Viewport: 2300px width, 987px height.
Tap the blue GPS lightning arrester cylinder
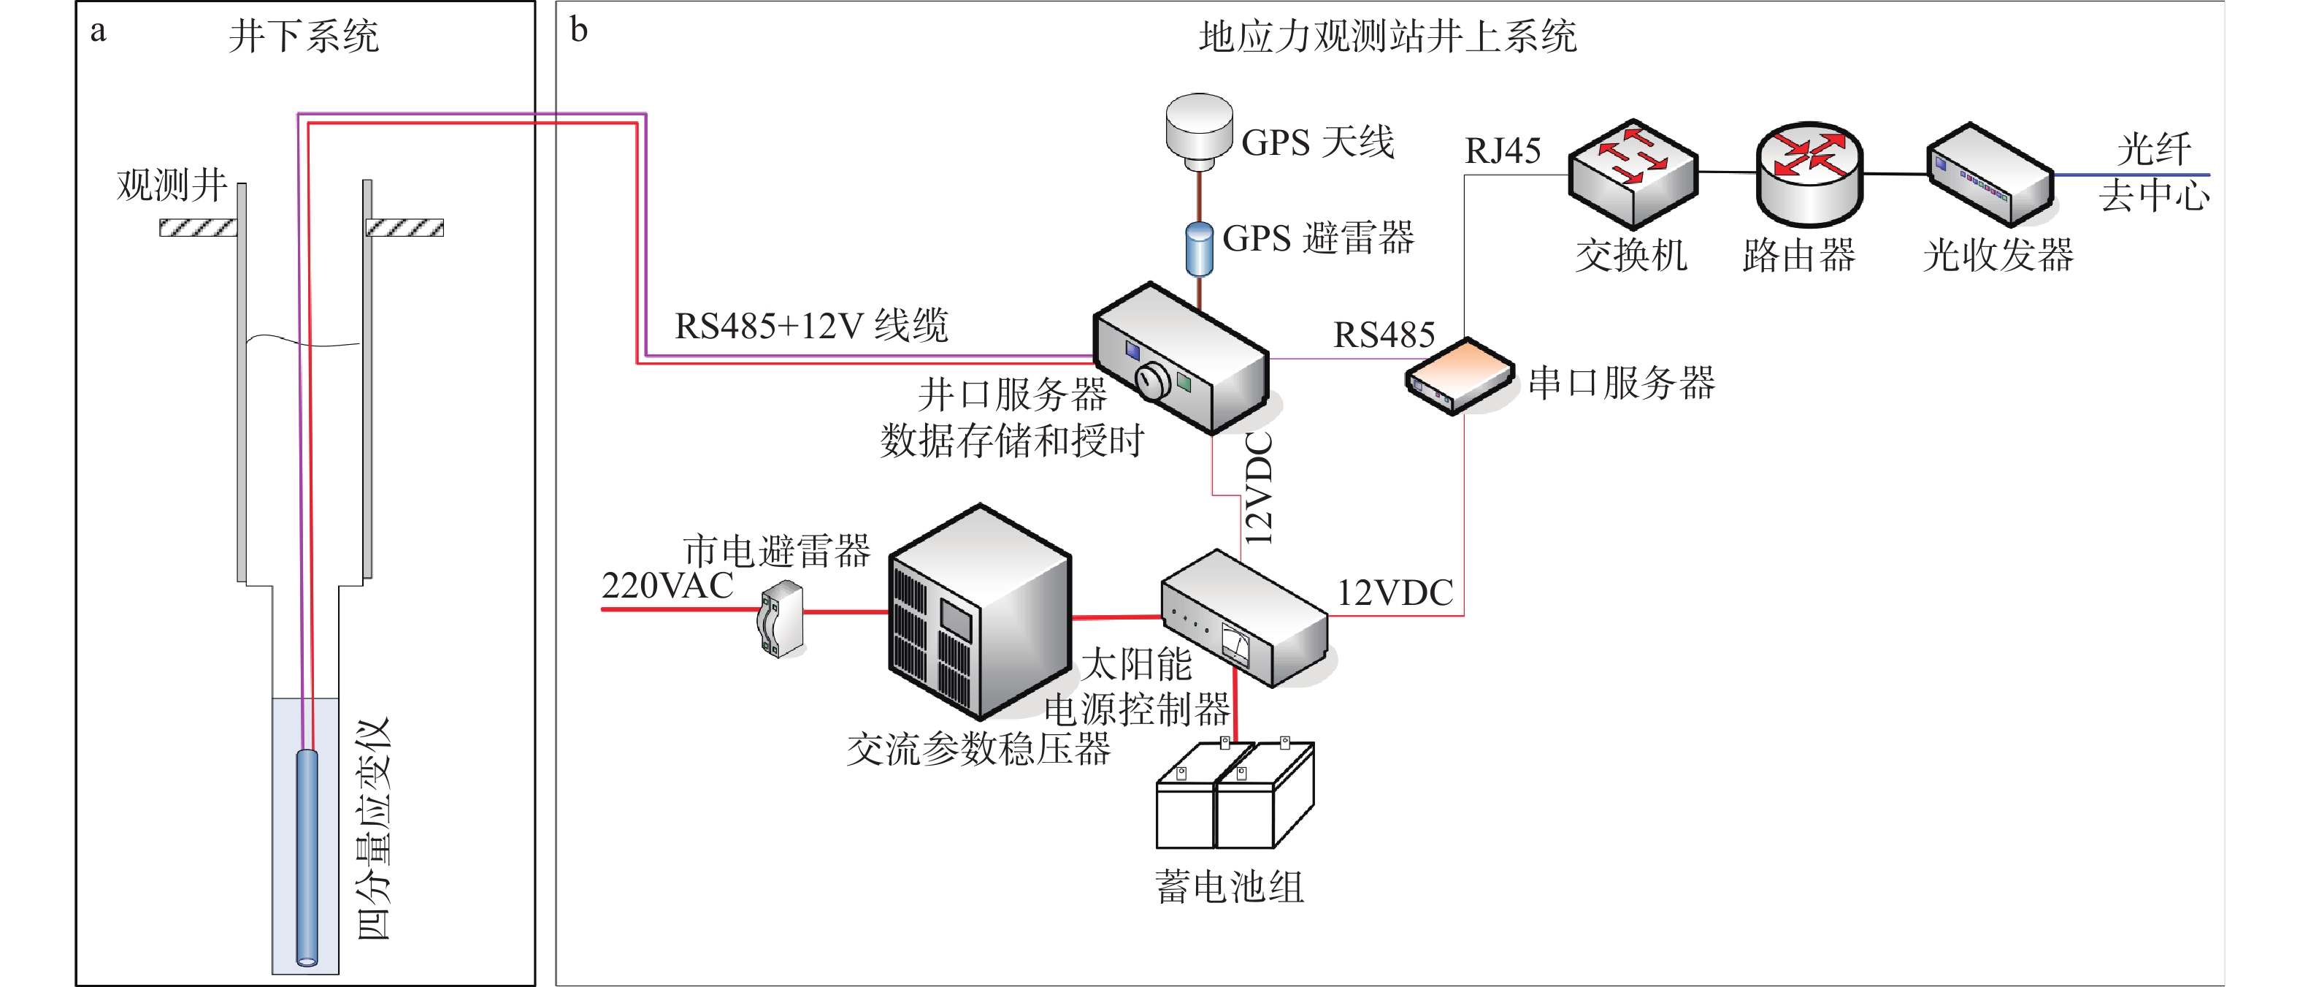pyautogui.click(x=1199, y=248)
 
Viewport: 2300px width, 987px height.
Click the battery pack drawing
pyautogui.click(x=1234, y=796)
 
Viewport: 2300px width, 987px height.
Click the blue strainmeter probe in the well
pyautogui.click(x=306, y=858)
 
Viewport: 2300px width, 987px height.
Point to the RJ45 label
pyautogui.click(x=1503, y=151)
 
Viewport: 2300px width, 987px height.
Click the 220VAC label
pyautogui.click(x=667, y=586)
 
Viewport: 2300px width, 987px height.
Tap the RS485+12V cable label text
pyautogui.click(x=810, y=326)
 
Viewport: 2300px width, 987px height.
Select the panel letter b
pyautogui.click(x=578, y=31)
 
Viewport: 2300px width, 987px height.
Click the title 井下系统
pyautogui.click(x=304, y=37)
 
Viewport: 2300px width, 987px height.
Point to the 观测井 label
pyautogui.click(x=172, y=185)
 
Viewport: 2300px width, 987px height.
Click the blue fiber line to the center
pyautogui.click(x=2134, y=175)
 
